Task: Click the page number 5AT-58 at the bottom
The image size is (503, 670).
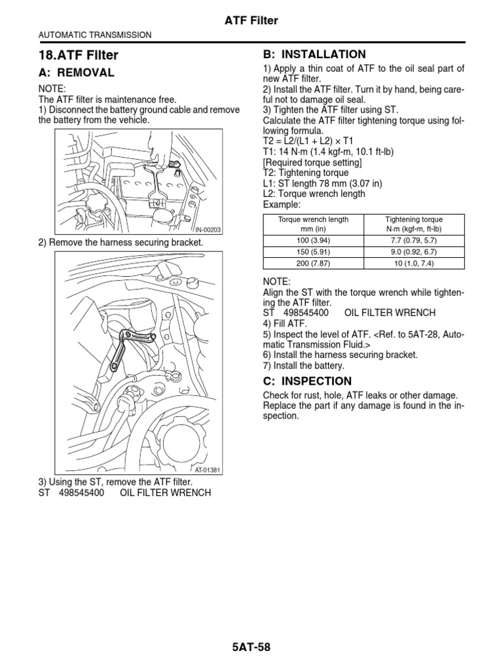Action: (251, 648)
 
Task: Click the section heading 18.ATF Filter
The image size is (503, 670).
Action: (78, 56)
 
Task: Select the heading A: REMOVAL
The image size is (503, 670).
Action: (77, 73)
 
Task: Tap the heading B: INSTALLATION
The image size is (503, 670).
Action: (314, 54)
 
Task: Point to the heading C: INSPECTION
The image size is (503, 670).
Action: (307, 381)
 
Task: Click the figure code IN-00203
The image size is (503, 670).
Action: (208, 230)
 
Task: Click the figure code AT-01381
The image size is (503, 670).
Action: (208, 470)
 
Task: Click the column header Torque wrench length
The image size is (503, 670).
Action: (314, 220)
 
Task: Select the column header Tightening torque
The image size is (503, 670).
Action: (413, 220)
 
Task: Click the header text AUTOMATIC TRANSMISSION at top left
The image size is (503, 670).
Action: (96, 35)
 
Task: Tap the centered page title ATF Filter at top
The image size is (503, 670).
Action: (252, 21)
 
